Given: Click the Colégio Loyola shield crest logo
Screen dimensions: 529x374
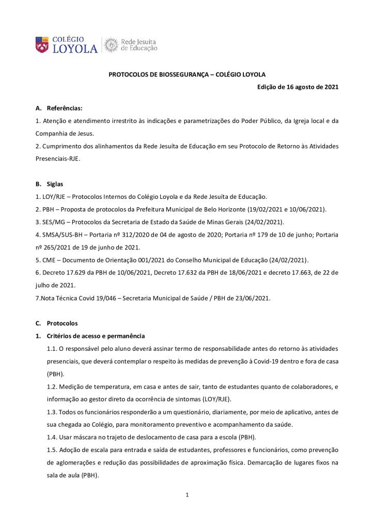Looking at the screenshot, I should point(42,44).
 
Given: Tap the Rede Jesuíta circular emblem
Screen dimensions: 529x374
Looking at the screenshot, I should point(111,45).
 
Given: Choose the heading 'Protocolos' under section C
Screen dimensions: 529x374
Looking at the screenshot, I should point(62,323).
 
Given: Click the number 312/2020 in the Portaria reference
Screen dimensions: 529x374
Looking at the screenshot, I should point(144,235).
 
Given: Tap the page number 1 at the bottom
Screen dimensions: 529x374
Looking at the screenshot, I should point(188,495).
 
